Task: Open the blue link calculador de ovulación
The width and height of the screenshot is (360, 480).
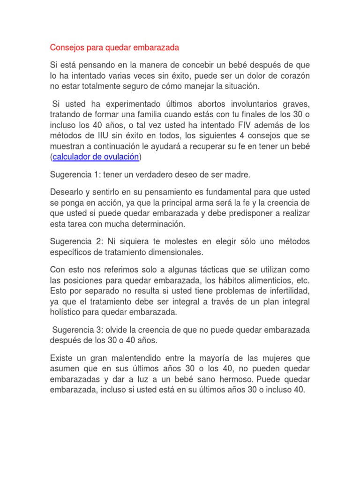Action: tap(96, 157)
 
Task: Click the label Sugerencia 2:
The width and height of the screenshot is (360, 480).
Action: tap(78, 241)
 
